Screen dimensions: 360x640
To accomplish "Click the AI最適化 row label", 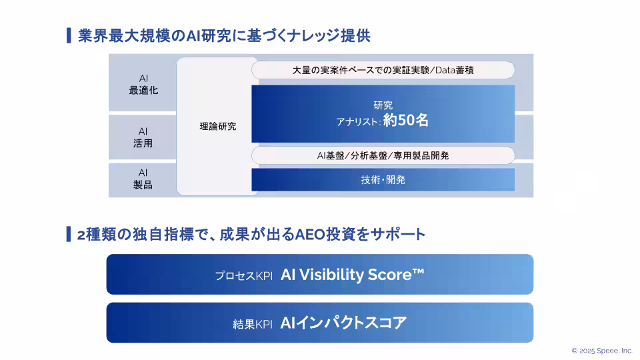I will (x=143, y=84).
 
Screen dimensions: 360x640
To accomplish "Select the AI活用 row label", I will (x=143, y=137).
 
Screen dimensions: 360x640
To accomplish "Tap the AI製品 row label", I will (x=143, y=179).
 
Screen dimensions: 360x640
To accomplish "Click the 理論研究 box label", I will (x=217, y=126).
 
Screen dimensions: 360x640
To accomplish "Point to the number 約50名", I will (x=406, y=121).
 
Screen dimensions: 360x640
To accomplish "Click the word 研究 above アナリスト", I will (x=383, y=105).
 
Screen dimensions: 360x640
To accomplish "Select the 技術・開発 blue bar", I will (x=383, y=180).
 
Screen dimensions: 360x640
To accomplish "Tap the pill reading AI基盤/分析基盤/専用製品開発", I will (x=383, y=155).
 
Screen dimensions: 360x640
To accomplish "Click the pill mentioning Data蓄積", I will (x=383, y=69).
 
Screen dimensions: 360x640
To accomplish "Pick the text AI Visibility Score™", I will (x=352, y=275).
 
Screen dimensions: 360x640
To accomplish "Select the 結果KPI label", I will (x=253, y=324).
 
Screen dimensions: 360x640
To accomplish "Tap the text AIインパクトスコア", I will (x=343, y=323).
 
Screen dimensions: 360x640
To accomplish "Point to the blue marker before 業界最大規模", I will (x=69, y=35).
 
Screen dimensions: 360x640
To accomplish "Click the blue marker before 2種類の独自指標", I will (x=69, y=234).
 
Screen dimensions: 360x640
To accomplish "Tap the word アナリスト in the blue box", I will (x=358, y=122).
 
